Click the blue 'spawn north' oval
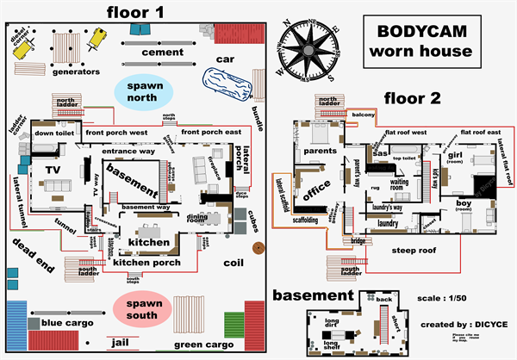pyautogui.click(x=143, y=91)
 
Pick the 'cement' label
pyautogui.click(x=164, y=53)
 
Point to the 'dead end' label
pyautogui.click(x=34, y=255)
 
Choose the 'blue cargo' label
pyautogui.click(x=65, y=323)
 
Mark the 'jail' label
pyautogui.click(x=120, y=343)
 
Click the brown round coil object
pyautogui.click(x=258, y=249)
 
